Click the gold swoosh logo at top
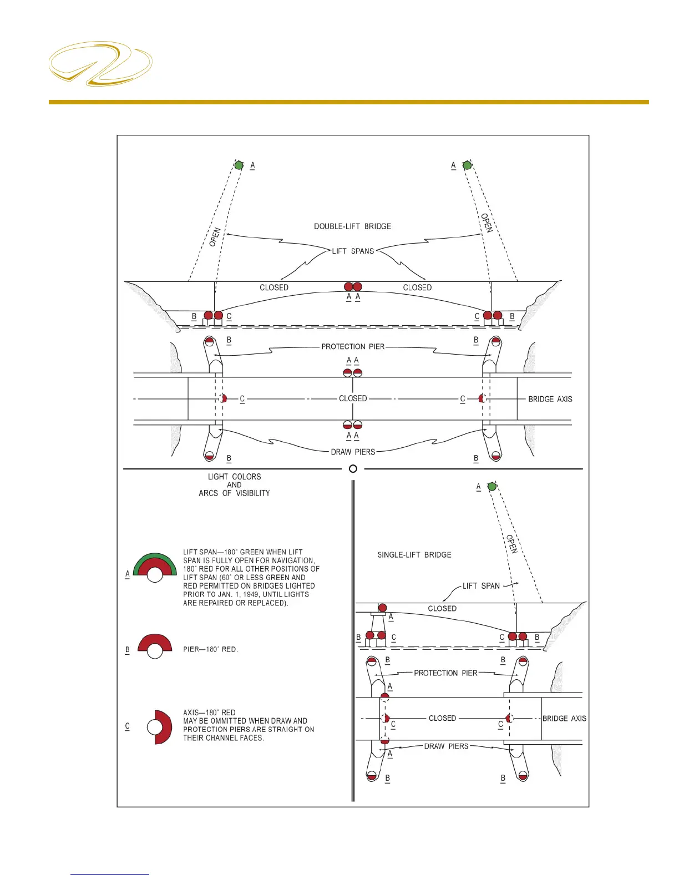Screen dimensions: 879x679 100,63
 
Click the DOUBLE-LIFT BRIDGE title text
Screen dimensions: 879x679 352,226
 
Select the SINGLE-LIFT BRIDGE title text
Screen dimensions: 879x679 414,555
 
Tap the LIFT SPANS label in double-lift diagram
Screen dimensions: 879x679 353,251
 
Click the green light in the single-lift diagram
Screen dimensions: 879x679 492,487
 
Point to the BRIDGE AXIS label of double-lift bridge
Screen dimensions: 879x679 550,399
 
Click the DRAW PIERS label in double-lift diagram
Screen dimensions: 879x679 353,452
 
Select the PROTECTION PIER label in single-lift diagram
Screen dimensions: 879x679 445,673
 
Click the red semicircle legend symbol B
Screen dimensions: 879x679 155,645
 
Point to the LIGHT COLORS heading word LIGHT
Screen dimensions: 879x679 218,477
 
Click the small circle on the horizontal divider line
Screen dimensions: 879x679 353,469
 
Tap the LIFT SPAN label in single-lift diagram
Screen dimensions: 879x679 481,586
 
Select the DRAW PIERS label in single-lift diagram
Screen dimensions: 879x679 446,746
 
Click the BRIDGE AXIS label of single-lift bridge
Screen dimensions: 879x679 564,719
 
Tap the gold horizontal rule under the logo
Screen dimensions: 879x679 348,102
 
